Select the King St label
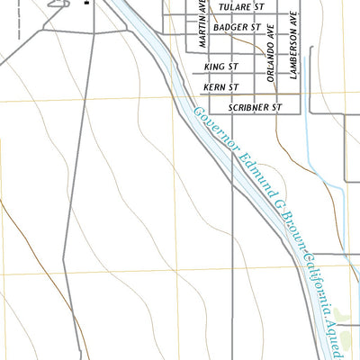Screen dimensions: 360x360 [220, 67]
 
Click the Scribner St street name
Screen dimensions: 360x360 [256, 107]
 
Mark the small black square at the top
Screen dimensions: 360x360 [87, 3]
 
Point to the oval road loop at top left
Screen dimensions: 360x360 [58, 4]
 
